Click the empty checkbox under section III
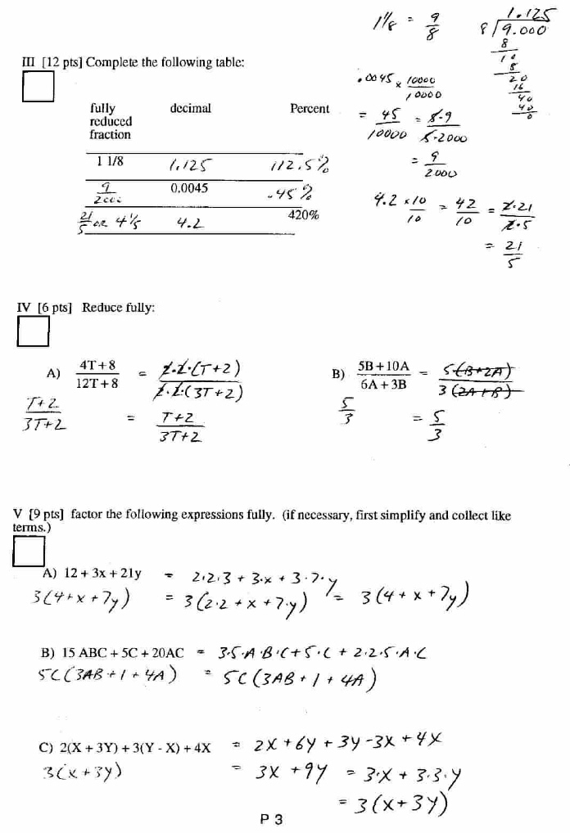point(38,87)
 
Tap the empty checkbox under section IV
point(34,331)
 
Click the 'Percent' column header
point(310,109)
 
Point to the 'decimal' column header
point(191,108)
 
